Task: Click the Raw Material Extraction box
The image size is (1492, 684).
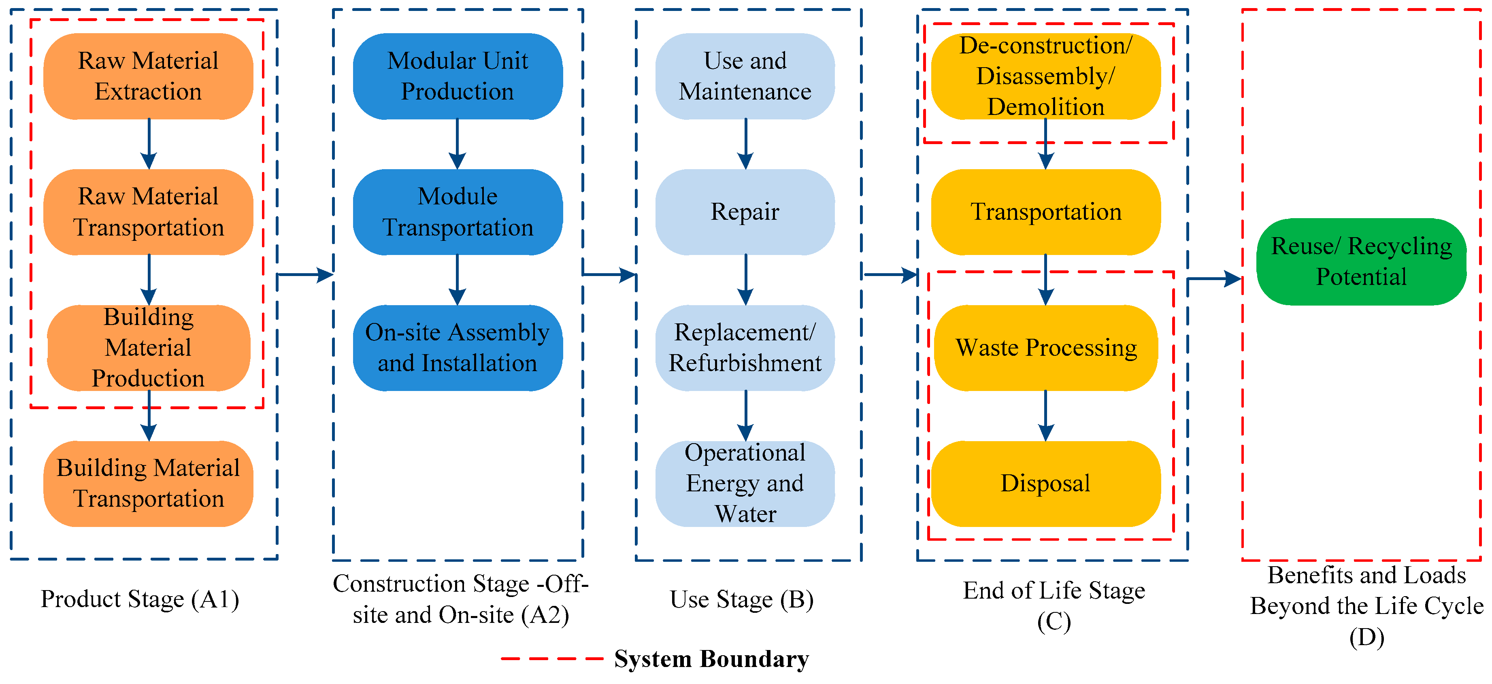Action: coord(148,76)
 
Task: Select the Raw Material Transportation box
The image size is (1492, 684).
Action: coord(148,212)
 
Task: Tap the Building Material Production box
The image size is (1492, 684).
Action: coord(148,348)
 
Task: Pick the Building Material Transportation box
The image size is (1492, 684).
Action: coord(148,484)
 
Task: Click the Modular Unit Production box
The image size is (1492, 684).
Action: coord(458,76)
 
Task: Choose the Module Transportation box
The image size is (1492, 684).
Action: coord(458,212)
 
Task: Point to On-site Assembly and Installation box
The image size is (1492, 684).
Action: coord(458,348)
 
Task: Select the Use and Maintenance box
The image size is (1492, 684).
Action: coord(745,76)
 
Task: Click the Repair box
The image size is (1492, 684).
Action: coord(745,212)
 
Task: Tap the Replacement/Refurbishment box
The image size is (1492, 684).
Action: coord(745,348)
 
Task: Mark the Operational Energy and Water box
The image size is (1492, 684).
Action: coord(745,484)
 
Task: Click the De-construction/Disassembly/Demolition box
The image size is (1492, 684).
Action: coord(1045,76)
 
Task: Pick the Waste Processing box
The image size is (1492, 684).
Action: coord(1045,348)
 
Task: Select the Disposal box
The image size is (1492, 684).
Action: coord(1045,484)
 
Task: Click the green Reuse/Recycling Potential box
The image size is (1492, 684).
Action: coord(1361,262)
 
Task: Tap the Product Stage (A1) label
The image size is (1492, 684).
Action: coord(140,599)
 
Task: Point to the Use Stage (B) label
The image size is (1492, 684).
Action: coord(742,599)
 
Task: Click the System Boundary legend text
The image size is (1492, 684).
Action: coord(711,659)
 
